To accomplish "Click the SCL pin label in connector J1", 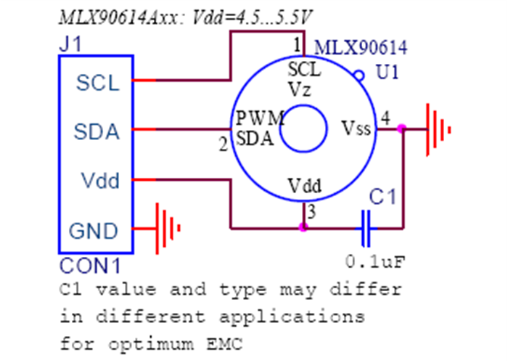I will [x=98, y=83].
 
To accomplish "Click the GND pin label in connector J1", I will [x=93, y=232].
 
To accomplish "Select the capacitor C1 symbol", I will [x=368, y=227].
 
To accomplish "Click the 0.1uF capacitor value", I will [x=373, y=259].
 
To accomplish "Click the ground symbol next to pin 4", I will [x=438, y=129].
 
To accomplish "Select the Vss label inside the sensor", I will [x=356, y=129].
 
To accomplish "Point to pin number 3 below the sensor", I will [x=311, y=212].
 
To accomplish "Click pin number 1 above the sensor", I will [x=296, y=45].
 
